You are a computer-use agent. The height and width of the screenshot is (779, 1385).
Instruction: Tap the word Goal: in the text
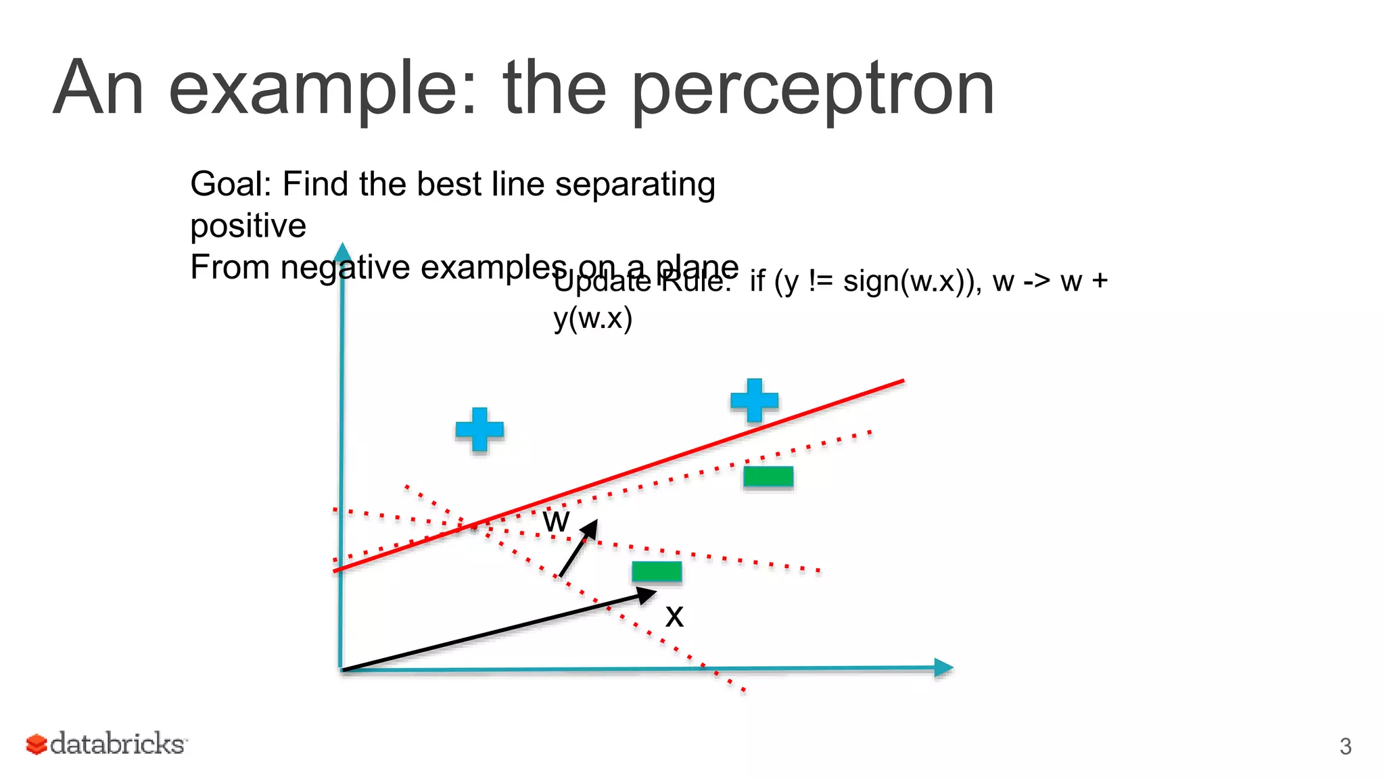(x=231, y=184)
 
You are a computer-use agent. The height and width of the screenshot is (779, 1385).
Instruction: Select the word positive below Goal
(x=248, y=226)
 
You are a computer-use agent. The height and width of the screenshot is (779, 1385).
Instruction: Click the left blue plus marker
(x=479, y=429)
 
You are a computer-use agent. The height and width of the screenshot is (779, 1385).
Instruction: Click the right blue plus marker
(x=754, y=400)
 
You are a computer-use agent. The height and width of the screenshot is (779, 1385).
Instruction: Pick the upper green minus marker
(x=768, y=477)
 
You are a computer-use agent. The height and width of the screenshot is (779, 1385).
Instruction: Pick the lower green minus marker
(x=657, y=572)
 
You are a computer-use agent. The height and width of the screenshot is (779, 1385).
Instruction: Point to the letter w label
(x=557, y=521)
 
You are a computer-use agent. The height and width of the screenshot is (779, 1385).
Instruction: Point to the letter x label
(x=674, y=616)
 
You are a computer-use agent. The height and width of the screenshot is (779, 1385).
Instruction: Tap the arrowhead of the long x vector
(x=647, y=595)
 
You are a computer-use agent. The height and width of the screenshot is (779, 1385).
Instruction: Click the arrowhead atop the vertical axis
(x=343, y=251)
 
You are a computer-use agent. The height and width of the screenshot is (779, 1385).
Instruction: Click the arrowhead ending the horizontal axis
(x=943, y=668)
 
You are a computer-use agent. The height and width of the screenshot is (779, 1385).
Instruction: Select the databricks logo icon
(x=37, y=744)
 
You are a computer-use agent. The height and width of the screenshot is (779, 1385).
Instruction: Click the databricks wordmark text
(x=118, y=744)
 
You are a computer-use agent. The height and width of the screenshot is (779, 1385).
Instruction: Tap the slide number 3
(x=1345, y=747)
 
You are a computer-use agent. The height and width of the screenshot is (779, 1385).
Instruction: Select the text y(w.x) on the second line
(x=593, y=318)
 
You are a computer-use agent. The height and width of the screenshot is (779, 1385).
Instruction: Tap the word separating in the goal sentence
(x=635, y=184)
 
